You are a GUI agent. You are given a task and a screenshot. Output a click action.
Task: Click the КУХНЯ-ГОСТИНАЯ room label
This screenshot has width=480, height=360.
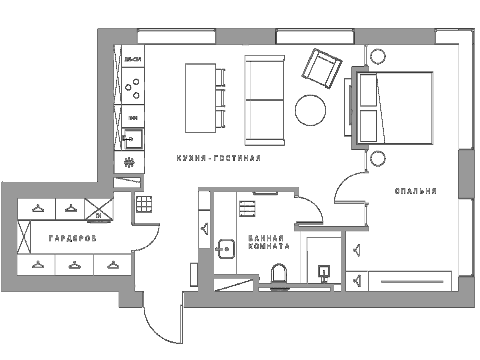coord(219,158)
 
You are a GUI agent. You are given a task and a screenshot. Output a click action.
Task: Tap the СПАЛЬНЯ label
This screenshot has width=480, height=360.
coord(416,191)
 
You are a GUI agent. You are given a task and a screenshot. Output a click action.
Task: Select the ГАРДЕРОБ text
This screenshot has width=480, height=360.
coord(73,239)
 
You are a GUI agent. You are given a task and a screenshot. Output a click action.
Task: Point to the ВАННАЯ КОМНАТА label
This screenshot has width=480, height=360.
coord(269,242)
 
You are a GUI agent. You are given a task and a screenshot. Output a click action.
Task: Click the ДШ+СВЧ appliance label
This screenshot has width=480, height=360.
coord(133,60)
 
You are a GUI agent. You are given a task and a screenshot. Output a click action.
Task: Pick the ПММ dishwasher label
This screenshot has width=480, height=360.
coord(133,118)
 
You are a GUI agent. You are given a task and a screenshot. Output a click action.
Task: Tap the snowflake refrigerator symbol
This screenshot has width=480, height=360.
coord(129,162)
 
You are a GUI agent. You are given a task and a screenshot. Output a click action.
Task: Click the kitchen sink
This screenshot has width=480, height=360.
coord(133,139)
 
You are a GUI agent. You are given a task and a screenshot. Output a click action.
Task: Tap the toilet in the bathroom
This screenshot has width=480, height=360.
coord(279,273)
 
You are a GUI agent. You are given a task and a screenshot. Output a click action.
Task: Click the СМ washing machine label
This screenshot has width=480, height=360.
coord(98,216)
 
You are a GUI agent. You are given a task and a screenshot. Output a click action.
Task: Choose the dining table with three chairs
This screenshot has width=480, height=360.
coord(201,98)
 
